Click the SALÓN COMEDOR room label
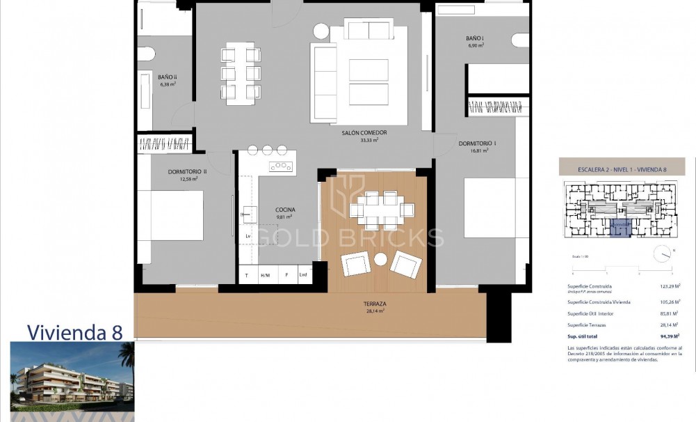pyautogui.click(x=364, y=132)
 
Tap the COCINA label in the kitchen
pyautogui.click(x=285, y=210)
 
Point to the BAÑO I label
pyautogui.click(x=476, y=38)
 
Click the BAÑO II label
pyautogui.click(x=167, y=77)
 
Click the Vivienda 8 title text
pyautogui.click(x=75, y=332)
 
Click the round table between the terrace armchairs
pyautogui.click(x=380, y=259)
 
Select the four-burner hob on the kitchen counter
pyautogui.click(x=282, y=166)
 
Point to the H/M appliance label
pyautogui.click(x=265, y=276)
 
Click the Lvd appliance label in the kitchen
pyautogui.click(x=303, y=276)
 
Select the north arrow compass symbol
pyautogui.click(x=661, y=253)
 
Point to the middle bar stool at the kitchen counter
pyautogui.click(x=267, y=150)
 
